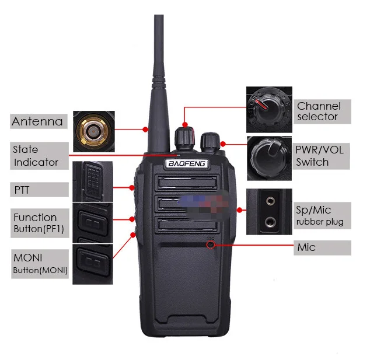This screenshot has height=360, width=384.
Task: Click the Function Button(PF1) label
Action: click(39, 223)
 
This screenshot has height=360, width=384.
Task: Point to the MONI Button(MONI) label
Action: click(39, 263)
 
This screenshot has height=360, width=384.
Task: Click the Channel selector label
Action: click(323, 111)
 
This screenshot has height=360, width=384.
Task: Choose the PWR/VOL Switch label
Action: click(322, 156)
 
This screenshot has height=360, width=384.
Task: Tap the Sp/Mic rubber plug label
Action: click(322, 215)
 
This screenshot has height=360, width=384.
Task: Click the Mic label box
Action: click(322, 247)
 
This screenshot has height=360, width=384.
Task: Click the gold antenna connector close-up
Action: click(93, 128)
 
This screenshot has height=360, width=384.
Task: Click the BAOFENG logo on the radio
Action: click(185, 163)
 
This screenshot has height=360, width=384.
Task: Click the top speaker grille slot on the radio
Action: click(185, 181)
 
